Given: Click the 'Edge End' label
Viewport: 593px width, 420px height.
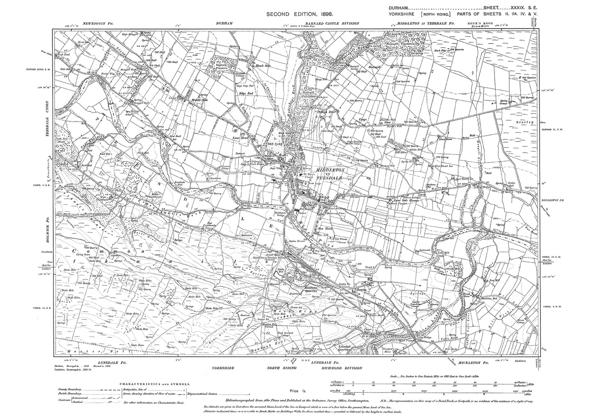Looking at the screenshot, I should click(x=245, y=93).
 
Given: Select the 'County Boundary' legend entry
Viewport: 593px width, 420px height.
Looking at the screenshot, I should click(x=69, y=389).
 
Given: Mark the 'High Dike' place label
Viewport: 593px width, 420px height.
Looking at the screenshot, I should click(x=326, y=112).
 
